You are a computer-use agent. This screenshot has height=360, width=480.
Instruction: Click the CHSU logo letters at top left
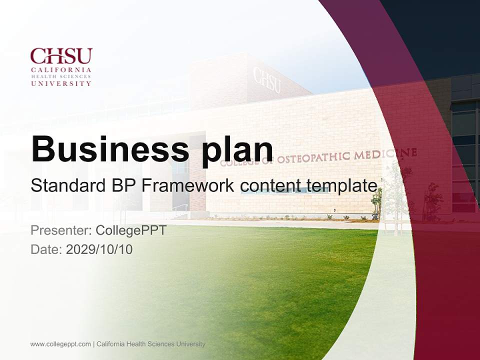point(61,56)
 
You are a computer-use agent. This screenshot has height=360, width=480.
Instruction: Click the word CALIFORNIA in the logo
point(61,70)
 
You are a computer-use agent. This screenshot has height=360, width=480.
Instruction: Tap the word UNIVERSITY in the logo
point(61,83)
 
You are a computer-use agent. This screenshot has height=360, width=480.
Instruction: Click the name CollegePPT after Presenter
point(131,231)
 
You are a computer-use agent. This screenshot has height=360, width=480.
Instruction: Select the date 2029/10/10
point(99,249)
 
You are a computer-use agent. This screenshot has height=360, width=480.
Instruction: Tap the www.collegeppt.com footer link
point(60,344)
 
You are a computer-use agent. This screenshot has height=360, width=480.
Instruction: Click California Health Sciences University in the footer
point(151,344)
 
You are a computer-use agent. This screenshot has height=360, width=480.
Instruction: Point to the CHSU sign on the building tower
point(266,80)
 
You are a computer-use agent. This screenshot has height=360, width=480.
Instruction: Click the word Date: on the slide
point(46,249)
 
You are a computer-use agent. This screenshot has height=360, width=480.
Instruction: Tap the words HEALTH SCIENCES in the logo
point(61,77)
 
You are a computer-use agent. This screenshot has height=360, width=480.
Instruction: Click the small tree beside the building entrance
point(376,202)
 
